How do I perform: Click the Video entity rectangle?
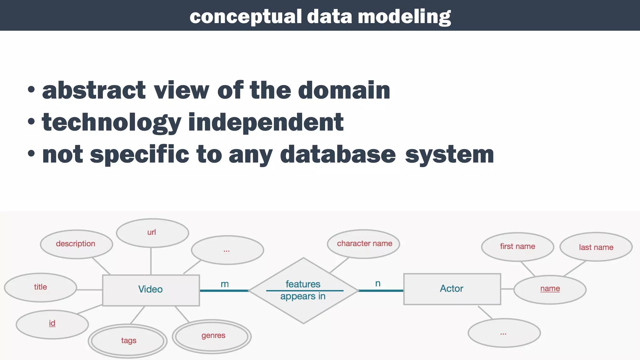pos(151,290)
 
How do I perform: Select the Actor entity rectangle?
pos(452,289)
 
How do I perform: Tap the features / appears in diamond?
pos(303,290)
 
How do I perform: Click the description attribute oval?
pos(76,244)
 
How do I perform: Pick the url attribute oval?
pos(152,233)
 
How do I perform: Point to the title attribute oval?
pos(40,287)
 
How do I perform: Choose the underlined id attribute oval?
pos(52,324)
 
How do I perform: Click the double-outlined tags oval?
pos(128,341)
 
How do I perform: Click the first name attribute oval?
pos(517,247)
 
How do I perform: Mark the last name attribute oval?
pos(596,247)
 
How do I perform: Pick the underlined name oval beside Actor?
pos(550,289)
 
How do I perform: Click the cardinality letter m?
pos(225,284)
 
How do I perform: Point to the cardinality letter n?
pos(378,283)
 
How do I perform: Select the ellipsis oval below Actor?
pos(504,333)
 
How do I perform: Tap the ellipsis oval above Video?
pos(227,250)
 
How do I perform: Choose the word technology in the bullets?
pos(111,122)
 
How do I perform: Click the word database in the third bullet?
pos(338,155)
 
